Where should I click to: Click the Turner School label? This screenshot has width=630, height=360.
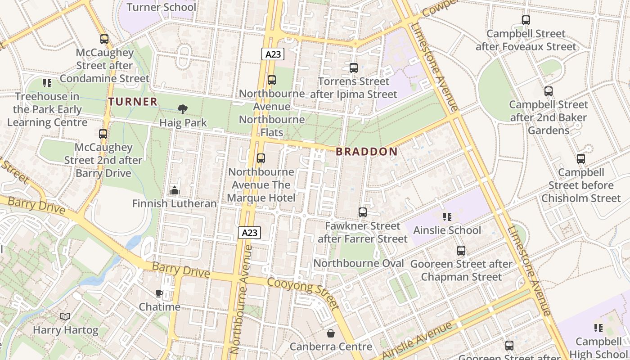pos(161,7)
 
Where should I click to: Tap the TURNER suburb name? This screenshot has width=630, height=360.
pos(133,102)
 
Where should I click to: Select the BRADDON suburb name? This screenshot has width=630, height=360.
pos(367,152)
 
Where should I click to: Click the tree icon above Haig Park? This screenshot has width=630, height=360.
pos(183,109)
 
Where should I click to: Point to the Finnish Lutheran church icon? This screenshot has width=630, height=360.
pos(175,190)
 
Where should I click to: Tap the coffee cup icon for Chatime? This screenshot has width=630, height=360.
pos(159,294)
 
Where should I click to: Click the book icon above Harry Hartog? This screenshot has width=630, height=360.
pos(65,317)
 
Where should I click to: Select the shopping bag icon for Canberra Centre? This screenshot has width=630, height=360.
pos(331,333)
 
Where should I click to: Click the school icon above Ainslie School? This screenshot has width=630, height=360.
pos(447,217)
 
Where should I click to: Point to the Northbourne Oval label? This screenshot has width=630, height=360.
pos(358,263)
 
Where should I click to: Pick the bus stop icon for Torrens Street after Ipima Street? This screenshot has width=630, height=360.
pos(354,68)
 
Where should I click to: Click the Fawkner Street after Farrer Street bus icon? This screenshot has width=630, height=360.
pos(363,212)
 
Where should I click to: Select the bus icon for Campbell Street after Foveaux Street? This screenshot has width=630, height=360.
pos(526,20)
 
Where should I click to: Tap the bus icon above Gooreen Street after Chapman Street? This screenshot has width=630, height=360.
pos(461,251)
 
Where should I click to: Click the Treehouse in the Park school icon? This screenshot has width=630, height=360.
pos(47,83)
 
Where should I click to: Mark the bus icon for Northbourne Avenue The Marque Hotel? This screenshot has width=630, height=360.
pos(261,158)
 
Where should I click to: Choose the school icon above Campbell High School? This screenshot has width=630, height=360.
pos(598,328)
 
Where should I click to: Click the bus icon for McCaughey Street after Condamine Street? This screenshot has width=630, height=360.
pos(104,39)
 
